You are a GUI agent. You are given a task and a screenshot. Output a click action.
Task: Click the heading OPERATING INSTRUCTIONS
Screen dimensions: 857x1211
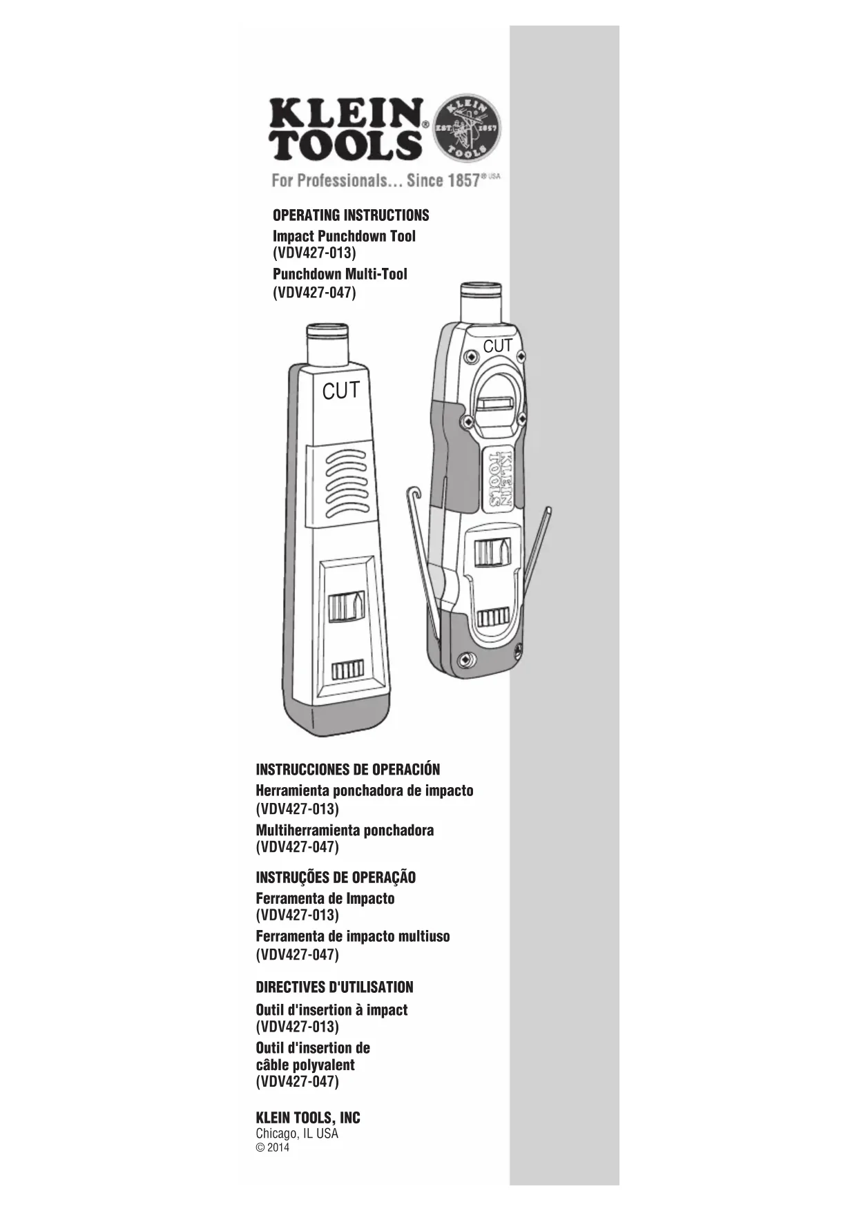click(x=351, y=215)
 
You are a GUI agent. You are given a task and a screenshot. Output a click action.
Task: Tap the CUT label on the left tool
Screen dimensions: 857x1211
click(x=341, y=391)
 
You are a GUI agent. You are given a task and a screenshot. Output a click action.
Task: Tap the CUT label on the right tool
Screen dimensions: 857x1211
click(x=497, y=346)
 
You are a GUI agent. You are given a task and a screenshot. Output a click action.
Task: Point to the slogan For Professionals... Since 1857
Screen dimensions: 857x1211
click(x=376, y=181)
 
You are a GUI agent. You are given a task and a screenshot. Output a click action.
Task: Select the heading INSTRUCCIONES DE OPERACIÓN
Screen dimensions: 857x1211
click(x=347, y=769)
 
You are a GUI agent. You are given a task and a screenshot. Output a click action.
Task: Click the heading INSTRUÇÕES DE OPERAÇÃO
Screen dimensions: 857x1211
click(x=336, y=878)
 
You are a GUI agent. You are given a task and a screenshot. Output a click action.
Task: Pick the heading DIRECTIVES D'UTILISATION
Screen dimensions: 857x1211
click(x=334, y=987)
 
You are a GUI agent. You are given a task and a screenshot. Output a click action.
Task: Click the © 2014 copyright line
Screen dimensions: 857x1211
click(x=273, y=1148)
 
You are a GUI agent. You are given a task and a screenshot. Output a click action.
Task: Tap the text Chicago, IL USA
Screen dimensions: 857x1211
click(x=297, y=1134)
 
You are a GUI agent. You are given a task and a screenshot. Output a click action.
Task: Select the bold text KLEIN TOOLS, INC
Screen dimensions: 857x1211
click(x=308, y=1118)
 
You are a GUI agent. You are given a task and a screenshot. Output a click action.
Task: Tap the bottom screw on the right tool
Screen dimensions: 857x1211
click(x=465, y=661)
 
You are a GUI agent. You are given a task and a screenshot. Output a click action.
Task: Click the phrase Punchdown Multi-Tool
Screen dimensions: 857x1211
click(x=340, y=274)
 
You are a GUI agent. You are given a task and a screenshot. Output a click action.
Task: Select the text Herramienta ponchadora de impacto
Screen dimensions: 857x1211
click(x=365, y=791)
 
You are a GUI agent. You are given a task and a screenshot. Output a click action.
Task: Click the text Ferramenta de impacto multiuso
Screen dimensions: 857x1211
click(x=352, y=936)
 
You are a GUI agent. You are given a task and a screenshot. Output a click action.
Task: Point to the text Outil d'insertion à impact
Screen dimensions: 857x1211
click(x=331, y=1009)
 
